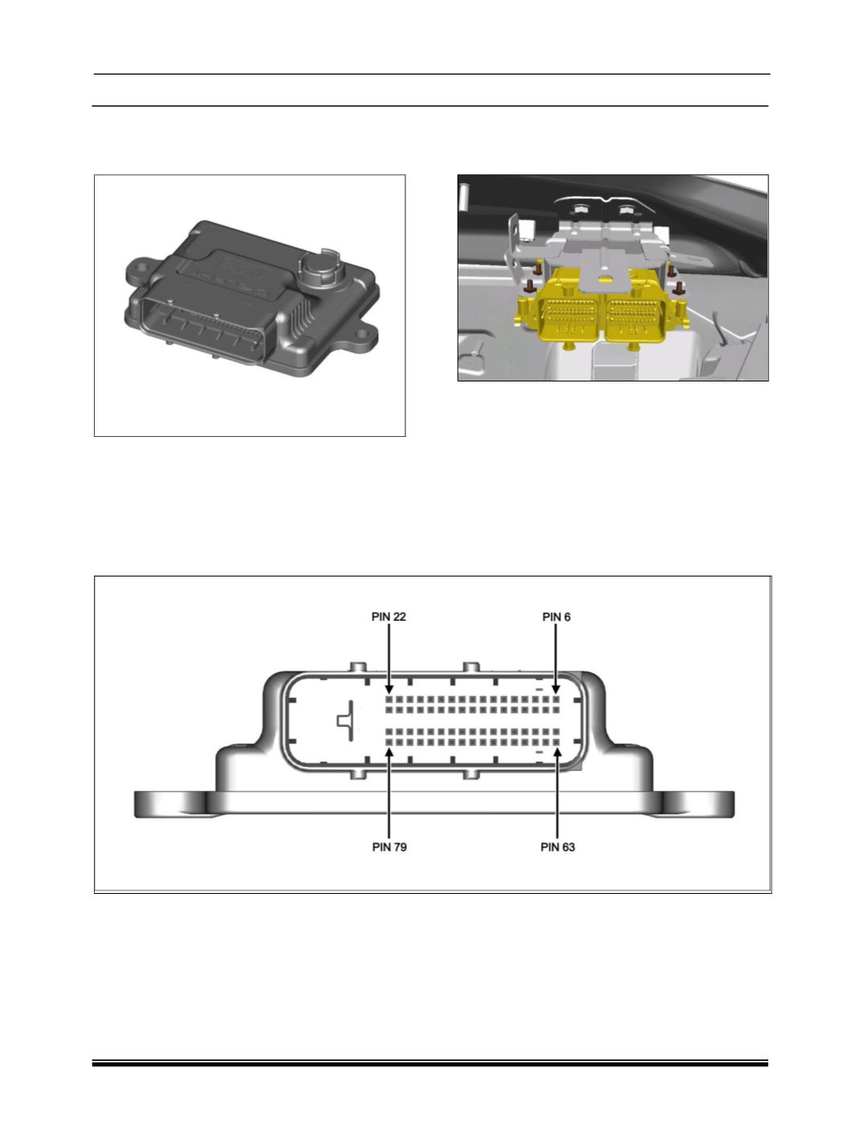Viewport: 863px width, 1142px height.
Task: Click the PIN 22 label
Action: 389,617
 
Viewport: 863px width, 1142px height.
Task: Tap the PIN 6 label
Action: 556,617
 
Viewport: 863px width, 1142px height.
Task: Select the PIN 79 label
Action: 389,847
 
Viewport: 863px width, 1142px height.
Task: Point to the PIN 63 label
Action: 557,847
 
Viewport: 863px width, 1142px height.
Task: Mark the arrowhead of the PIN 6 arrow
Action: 556,688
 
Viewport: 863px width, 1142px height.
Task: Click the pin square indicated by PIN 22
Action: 389,699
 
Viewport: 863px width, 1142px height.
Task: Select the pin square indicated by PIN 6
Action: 556,699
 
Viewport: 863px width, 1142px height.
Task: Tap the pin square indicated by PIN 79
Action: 389,742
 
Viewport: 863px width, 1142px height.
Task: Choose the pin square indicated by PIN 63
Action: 556,742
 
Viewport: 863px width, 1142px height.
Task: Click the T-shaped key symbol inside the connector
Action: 347,720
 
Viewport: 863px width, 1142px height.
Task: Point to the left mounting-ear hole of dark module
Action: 139,270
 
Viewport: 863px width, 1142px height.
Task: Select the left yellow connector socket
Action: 568,317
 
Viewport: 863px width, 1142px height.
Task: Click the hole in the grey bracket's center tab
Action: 604,279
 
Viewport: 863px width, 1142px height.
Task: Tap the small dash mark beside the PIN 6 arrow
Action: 539,689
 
